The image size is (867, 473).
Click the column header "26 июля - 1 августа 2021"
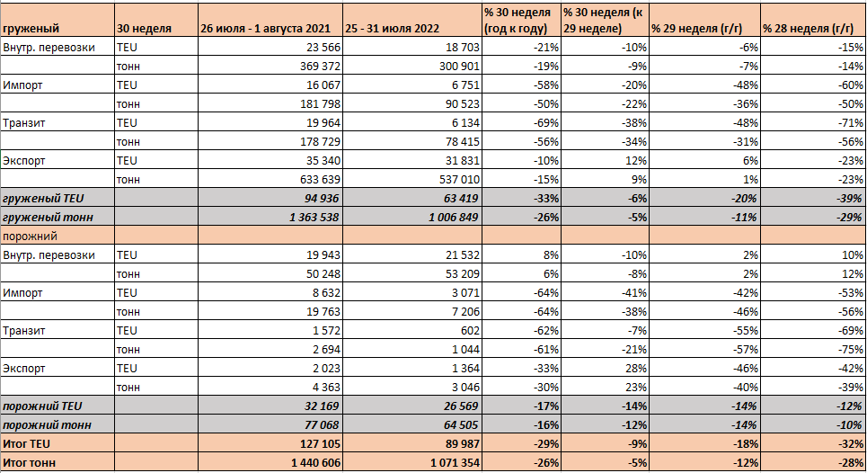coord(265,28)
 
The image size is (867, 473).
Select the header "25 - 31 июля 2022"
coord(392,28)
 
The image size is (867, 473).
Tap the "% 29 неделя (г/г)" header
coord(696,28)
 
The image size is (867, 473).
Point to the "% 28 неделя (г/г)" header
coord(808,28)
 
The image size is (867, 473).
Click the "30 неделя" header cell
coord(144,28)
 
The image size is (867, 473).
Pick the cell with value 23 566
coord(323,48)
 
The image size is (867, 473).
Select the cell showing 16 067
coord(323,85)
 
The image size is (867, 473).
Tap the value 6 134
coord(466,123)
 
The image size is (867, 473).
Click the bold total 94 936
coord(322,198)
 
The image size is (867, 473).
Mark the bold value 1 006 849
coord(454,217)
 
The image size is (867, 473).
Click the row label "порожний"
coord(30,236)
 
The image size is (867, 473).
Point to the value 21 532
coord(463,255)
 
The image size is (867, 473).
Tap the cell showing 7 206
coord(466,311)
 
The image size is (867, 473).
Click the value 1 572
coord(327,330)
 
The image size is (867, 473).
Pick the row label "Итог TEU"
coord(27,443)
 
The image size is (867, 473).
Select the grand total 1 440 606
coord(316,462)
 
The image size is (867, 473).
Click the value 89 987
coord(463,443)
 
